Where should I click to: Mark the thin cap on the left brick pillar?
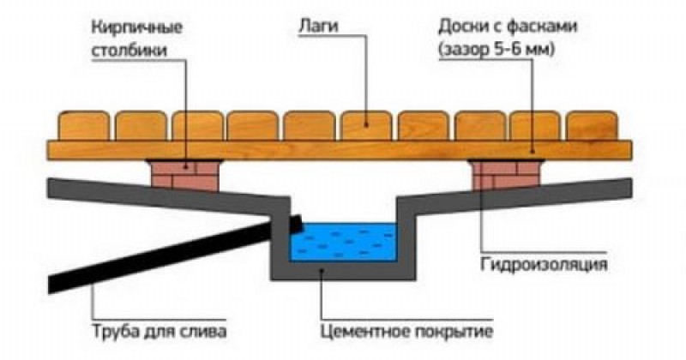point(184,161)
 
